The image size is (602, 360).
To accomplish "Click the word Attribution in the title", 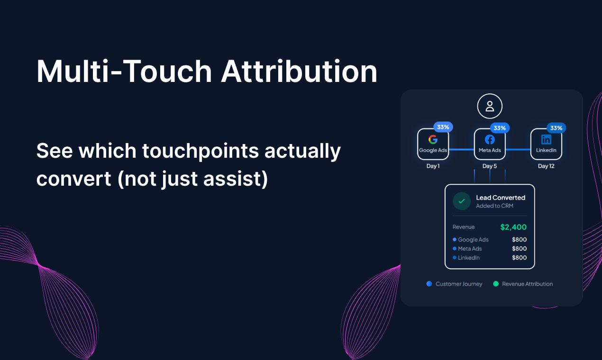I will (x=299, y=71).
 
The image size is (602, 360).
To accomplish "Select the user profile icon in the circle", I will (x=490, y=106).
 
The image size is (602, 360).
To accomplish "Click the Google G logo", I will (x=433, y=140).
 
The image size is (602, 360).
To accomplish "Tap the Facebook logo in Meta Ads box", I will (x=490, y=140).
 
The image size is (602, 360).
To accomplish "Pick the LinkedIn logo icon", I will (x=546, y=140).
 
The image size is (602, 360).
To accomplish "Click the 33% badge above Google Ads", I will (x=443, y=127).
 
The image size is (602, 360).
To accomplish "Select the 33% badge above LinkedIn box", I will (x=556, y=128).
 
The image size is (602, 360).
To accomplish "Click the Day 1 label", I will (x=433, y=166).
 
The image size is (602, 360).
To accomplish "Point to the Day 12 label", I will (x=546, y=166).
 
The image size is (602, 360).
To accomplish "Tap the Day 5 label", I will (x=490, y=166).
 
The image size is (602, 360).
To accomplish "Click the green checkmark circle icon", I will (x=461, y=201).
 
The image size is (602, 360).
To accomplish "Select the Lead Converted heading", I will (x=501, y=198).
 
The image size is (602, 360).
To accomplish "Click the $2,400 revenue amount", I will (x=513, y=227).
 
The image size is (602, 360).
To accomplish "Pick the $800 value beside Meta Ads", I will (x=519, y=249).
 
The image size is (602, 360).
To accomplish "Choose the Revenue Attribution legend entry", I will (x=523, y=284).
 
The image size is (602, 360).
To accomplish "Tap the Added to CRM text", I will (x=494, y=206).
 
